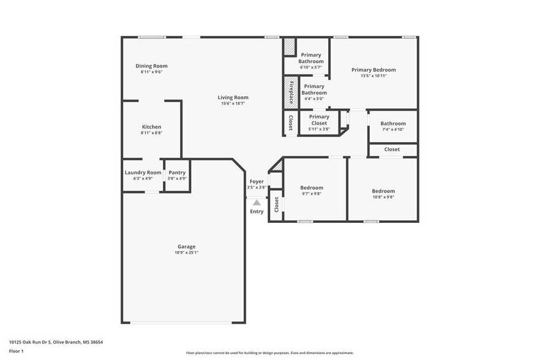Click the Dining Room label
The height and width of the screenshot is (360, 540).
[x=151, y=66]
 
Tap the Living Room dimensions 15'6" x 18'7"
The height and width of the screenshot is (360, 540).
[x=233, y=103]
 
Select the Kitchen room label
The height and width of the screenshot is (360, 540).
[x=151, y=127]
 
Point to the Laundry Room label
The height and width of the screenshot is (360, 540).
[x=143, y=173]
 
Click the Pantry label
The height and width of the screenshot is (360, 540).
[x=177, y=173]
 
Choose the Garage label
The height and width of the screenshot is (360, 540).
[x=186, y=247]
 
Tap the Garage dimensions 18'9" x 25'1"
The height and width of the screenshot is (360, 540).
[x=186, y=252]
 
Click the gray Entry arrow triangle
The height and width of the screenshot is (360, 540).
[x=257, y=202]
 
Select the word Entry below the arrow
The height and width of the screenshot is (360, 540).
[x=257, y=212]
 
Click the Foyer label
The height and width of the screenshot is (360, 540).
[x=257, y=182]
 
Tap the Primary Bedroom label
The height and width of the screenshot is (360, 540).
[x=373, y=70]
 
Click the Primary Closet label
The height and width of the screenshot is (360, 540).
[x=319, y=119]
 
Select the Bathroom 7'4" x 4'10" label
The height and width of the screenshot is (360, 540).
[x=393, y=124]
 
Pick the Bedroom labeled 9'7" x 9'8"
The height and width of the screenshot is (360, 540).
[x=311, y=188]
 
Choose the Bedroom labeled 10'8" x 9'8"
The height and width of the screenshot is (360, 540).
[x=383, y=190]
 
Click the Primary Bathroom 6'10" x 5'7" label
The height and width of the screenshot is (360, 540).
[x=311, y=58]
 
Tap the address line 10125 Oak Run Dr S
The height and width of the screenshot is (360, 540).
[x=56, y=342]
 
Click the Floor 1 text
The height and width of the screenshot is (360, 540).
[x=16, y=351]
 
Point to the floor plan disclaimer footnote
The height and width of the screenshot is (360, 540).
[x=269, y=353]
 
